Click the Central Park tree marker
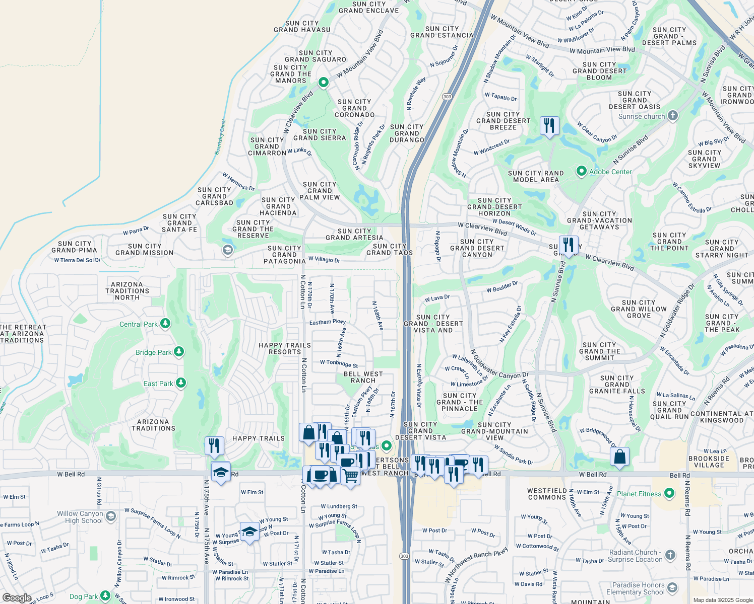point(165,324)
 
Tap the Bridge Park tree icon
point(178,352)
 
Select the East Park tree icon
point(180,383)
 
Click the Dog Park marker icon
point(105,596)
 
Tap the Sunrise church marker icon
point(672,116)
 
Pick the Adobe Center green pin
point(581,172)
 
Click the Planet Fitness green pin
point(669,493)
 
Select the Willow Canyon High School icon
point(113,516)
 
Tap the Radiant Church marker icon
point(670,555)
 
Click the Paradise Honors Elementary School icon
point(672,588)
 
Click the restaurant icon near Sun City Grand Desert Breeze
point(549,125)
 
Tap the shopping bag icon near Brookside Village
point(619,457)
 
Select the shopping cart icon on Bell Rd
point(350,475)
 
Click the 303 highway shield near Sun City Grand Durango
point(447,97)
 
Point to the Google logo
point(17,597)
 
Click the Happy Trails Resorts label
point(285,348)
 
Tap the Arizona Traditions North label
point(127,291)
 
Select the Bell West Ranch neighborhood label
point(363,377)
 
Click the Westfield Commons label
point(547,494)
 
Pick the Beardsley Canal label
point(220,137)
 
